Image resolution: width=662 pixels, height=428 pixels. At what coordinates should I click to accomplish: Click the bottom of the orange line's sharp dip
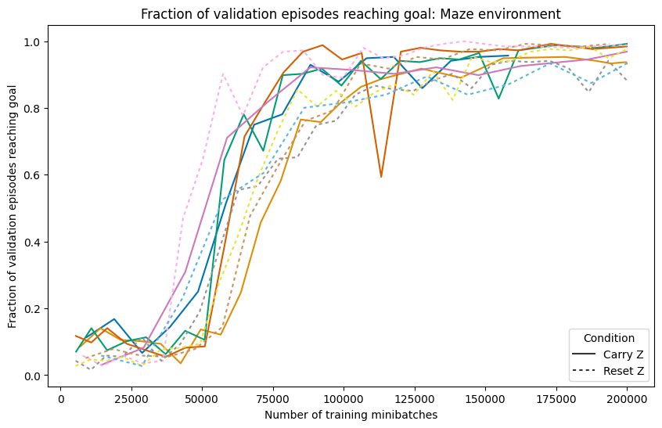point(381,177)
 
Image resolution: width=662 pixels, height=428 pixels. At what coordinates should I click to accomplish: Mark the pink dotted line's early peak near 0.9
point(223,74)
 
